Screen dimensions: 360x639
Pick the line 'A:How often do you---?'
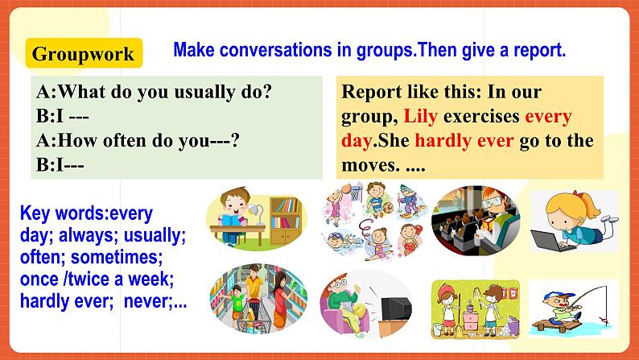pos(138,140)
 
